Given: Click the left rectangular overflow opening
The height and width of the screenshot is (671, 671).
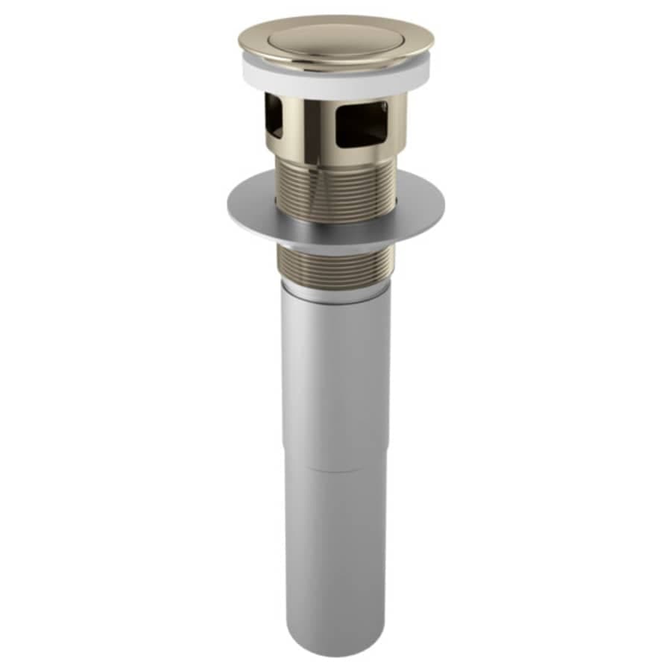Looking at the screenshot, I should [x=272, y=119].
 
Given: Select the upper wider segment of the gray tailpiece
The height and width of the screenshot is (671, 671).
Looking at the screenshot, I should [x=335, y=380].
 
